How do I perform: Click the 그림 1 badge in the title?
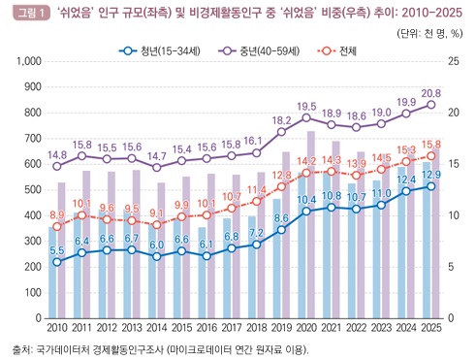pyautogui.click(x=31, y=14)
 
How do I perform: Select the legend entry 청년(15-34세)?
pyautogui.click(x=160, y=51)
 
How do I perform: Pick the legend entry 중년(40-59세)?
pyautogui.click(x=259, y=51)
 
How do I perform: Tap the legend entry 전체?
pyautogui.click(x=337, y=51)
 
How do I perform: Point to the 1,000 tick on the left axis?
pyautogui.click(x=29, y=61)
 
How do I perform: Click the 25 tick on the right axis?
pyautogui.click(x=453, y=61)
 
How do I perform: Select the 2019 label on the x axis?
pyautogui.click(x=281, y=328)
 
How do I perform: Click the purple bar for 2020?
pyautogui.click(x=311, y=224)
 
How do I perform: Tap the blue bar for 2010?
pyautogui.click(x=52, y=273)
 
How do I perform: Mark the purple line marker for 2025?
pyautogui.click(x=431, y=105)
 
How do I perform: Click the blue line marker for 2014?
pyautogui.click(x=157, y=256)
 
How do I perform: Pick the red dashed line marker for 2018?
pyautogui.click(x=256, y=202)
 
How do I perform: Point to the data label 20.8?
pyautogui.click(x=431, y=93)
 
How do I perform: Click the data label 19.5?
pyautogui.click(x=306, y=107)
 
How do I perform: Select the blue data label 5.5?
pyautogui.click(x=57, y=250)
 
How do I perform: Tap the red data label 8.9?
pyautogui.click(x=57, y=215)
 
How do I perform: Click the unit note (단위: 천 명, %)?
pyautogui.click(x=429, y=33)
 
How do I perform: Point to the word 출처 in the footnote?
pyautogui.click(x=20, y=349)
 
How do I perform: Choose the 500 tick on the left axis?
pyautogui.click(x=33, y=189)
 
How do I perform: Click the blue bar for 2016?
pyautogui.click(x=203, y=273)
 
